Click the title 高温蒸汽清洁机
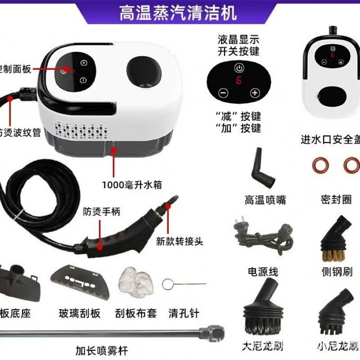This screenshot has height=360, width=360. [x=177, y=13]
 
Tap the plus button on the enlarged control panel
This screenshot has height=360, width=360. [x=255, y=93]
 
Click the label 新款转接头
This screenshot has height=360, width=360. [x=180, y=242]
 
